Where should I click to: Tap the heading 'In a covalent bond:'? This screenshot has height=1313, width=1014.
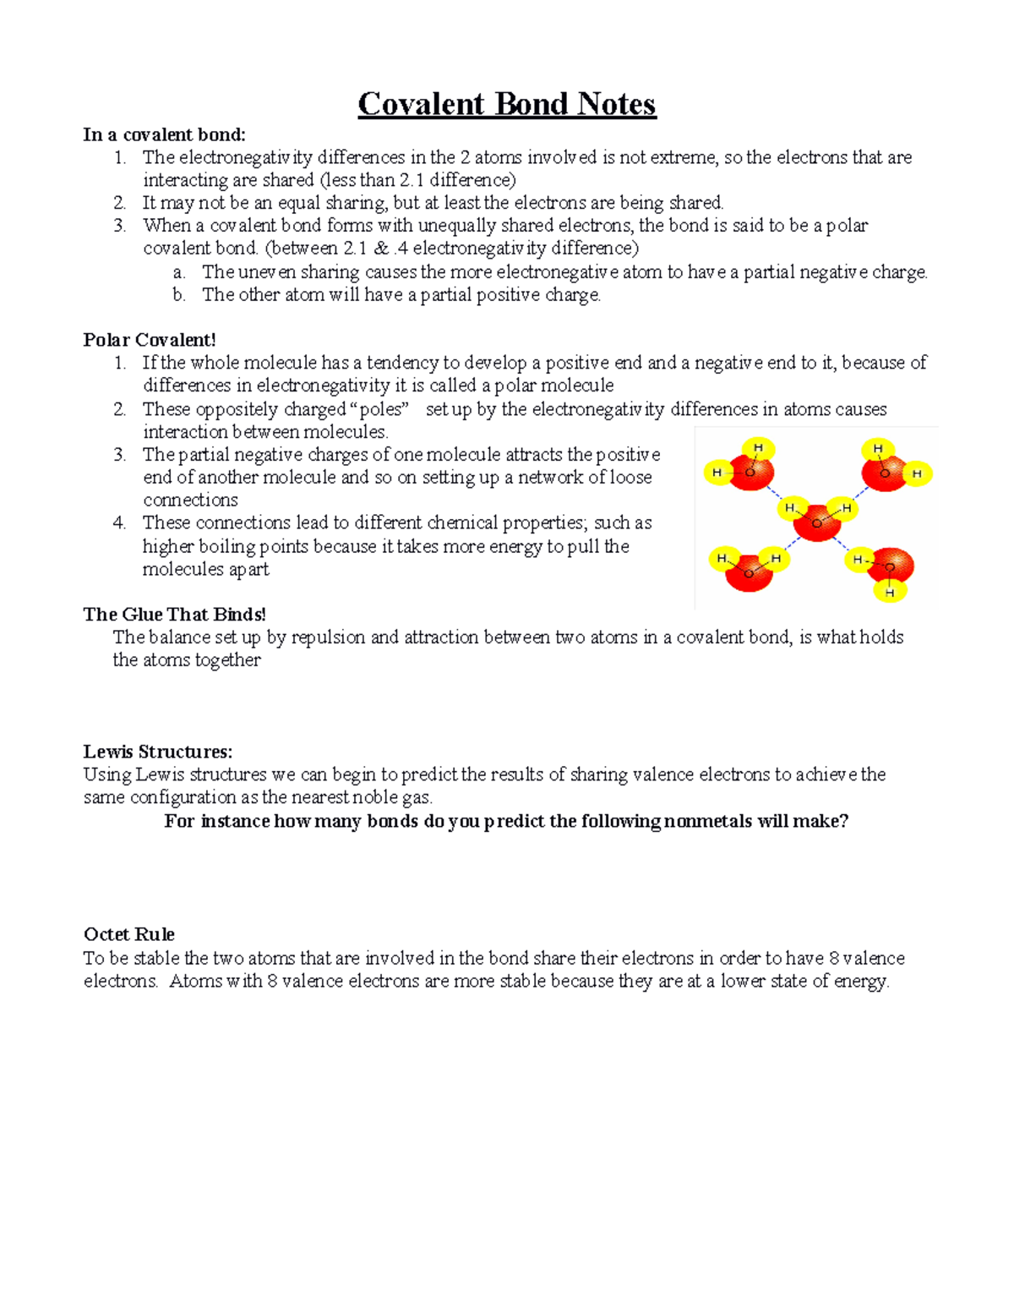pyautogui.click(x=164, y=134)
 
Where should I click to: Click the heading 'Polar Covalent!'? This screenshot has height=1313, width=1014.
pyautogui.click(x=150, y=340)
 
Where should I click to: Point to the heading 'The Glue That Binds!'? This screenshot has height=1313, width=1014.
pyautogui.click(x=174, y=615)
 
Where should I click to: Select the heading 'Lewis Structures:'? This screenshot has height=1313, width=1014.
pyautogui.click(x=157, y=752)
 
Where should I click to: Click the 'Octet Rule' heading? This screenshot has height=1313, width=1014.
pyautogui.click(x=129, y=934)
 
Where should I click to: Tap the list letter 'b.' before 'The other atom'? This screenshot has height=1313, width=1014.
pyautogui.click(x=178, y=295)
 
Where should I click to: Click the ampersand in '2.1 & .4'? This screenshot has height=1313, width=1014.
pyautogui.click(x=380, y=249)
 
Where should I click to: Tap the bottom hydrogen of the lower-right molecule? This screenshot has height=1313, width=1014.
pyautogui.click(x=889, y=594)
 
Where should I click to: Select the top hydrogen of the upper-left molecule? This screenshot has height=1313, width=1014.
pyautogui.click(x=758, y=448)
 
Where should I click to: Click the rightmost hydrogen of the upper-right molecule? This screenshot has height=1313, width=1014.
pyautogui.click(x=917, y=474)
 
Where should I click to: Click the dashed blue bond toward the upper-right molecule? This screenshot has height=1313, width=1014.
pyautogui.click(x=861, y=492)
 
